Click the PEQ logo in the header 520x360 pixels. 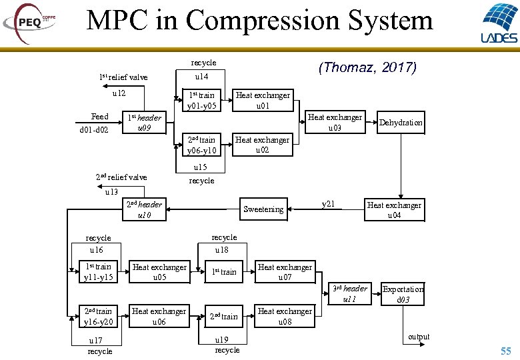coord(30,21)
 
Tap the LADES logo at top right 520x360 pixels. coord(498,23)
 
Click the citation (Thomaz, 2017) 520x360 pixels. coord(367,67)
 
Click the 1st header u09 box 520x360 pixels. coord(144,123)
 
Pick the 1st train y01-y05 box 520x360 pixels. coord(202,100)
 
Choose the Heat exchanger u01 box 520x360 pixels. coord(263,100)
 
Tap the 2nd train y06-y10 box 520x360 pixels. coord(202,145)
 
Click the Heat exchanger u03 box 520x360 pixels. coord(335,122)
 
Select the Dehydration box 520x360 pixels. coord(401,123)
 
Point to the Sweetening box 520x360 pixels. coord(263,209)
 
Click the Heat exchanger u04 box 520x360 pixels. coord(394,210)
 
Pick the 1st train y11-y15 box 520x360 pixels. coord(98,272)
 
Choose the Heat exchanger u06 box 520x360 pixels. coord(159,316)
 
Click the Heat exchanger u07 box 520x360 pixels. coord(285,272)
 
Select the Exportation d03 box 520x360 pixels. coord(403,294)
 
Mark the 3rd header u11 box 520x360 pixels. coord(350,294)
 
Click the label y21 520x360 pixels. coord(328,204)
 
